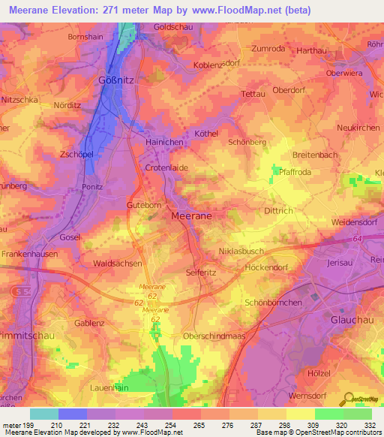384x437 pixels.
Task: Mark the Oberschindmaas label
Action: [214, 338]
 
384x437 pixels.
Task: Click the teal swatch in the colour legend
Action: [44, 413]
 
